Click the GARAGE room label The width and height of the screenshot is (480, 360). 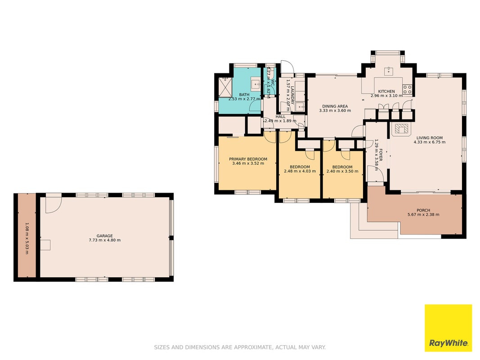105,236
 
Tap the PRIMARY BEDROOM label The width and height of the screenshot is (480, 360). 248,159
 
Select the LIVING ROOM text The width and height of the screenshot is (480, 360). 430,138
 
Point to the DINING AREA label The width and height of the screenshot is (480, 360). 335,106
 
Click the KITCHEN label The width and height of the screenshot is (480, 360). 386,91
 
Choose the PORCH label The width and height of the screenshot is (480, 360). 423,210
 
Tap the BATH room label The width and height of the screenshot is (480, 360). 244,94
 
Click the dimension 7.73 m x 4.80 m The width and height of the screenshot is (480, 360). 105,240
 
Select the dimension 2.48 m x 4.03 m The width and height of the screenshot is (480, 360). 300,171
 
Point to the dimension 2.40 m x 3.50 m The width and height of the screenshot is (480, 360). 342,171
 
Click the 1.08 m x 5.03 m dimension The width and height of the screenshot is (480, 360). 27,238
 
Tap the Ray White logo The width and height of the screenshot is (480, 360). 448,328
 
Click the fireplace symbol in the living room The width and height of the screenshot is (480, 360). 400,130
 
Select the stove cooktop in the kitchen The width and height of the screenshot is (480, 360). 407,89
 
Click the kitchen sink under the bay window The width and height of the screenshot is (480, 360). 389,71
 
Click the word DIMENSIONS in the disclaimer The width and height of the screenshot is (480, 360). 209,347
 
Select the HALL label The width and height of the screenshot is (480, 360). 280,117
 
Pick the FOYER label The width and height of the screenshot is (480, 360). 381,155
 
